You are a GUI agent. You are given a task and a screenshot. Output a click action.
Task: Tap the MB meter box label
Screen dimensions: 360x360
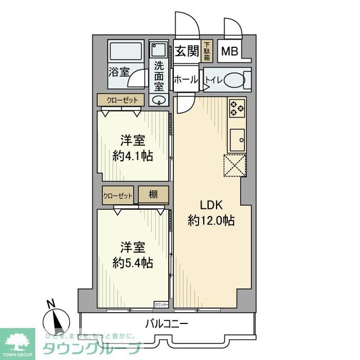229,52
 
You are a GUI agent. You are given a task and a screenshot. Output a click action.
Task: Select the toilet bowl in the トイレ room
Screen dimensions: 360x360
235,80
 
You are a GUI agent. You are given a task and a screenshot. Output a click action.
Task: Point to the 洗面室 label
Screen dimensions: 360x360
159,75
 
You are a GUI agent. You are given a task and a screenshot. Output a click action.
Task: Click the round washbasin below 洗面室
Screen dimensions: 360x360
159,101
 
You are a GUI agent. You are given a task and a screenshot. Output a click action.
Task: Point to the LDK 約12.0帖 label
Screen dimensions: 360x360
210,213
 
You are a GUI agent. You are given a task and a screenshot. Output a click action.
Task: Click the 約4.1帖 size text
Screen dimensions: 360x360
133,156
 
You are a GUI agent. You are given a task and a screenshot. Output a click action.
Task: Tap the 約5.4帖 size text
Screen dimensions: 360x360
133,262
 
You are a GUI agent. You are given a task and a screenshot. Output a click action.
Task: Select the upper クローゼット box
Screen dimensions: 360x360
121,100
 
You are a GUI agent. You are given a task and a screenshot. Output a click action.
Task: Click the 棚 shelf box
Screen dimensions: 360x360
153,195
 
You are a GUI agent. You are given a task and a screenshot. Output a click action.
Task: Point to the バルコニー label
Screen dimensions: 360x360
166,324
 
